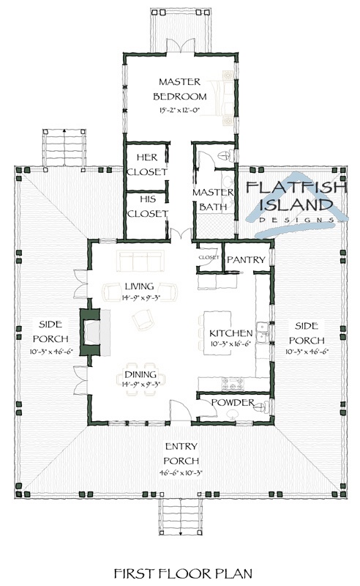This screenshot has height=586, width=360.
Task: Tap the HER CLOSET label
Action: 146,165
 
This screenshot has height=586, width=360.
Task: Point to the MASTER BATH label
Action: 212,199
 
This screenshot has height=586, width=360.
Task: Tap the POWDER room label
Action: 232,404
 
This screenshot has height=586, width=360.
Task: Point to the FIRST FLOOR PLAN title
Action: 179,571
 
